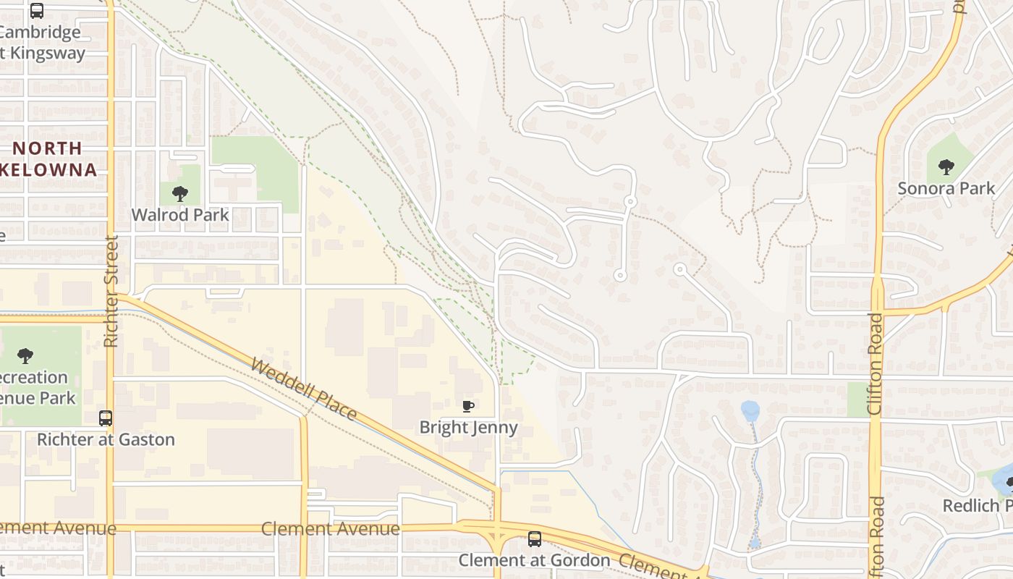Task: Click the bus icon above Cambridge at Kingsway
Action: [37, 11]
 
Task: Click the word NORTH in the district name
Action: [48, 148]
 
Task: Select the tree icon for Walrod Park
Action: [180, 193]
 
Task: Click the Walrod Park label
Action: [180, 215]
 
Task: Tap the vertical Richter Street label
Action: [111, 291]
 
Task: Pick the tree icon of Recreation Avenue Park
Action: [25, 355]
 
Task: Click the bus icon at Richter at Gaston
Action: [106, 418]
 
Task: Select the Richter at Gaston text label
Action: [106, 439]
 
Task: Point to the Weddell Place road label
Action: [304, 389]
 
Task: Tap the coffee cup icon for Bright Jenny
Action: [468, 406]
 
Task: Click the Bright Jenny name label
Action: [469, 427]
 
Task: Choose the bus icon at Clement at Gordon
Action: [534, 539]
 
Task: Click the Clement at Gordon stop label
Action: [535, 560]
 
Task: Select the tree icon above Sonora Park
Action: [946, 167]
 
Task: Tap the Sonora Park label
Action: [946, 189]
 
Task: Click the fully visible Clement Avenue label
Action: [330, 528]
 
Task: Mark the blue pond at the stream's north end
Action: [750, 410]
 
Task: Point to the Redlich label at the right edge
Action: [977, 505]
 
